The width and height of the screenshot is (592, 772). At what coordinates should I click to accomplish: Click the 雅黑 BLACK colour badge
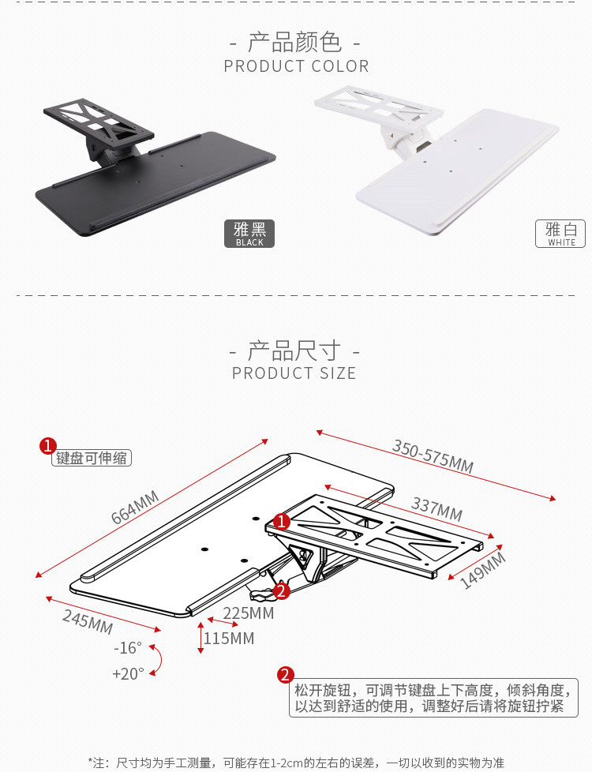pos(249,234)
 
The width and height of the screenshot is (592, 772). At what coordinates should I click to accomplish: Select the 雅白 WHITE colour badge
pos(560,234)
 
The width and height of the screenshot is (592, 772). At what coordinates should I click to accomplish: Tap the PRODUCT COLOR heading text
pos(296,66)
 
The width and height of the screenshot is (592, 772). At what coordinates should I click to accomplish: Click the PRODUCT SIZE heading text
pos(294,373)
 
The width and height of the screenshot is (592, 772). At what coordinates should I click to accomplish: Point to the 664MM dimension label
pos(135,508)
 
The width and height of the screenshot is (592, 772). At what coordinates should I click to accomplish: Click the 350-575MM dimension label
pos(433,456)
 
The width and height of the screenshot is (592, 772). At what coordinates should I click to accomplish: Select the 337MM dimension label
pos(437,509)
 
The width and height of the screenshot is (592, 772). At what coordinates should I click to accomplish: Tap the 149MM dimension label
pos(482,570)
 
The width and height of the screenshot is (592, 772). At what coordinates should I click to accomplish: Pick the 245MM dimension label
pos(88,622)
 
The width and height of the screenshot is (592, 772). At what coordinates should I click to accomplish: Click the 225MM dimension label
pos(248,613)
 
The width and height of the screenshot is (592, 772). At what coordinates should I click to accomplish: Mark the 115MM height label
pos(229,639)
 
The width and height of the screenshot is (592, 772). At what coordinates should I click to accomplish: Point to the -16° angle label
pos(128,648)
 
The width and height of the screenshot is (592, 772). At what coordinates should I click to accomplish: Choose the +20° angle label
pos(129,673)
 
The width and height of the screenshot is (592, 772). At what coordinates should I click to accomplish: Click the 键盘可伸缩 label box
pos(92,458)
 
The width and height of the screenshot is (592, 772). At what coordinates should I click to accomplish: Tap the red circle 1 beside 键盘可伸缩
pos(48,446)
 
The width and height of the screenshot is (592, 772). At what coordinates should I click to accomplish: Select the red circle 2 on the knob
pos(281,590)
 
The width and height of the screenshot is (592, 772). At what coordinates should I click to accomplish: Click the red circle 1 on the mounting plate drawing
pos(281,522)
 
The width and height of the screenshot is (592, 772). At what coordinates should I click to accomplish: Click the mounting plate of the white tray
pos(379,107)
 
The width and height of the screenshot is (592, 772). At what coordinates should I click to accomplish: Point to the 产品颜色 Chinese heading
pos(294,43)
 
